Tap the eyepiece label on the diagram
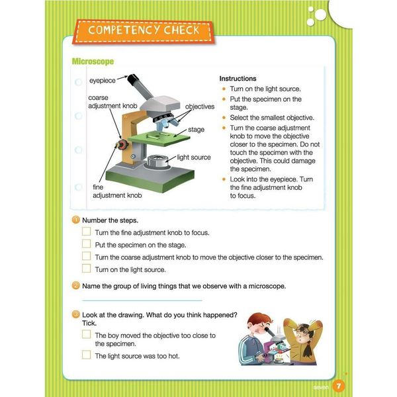(x=103, y=81)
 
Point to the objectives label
(x=199, y=107)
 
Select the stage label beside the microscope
(x=197, y=130)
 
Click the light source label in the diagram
(x=194, y=157)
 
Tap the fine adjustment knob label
(x=116, y=192)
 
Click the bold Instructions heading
(x=238, y=78)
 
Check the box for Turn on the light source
(x=86, y=269)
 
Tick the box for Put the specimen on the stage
(x=86, y=244)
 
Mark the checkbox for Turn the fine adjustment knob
(x=86, y=232)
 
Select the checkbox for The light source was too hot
(x=86, y=355)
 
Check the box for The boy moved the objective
(x=86, y=335)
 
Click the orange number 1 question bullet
(x=76, y=220)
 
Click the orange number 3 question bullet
(x=76, y=314)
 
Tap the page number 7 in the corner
(x=337, y=386)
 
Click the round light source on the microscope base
(x=157, y=161)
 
